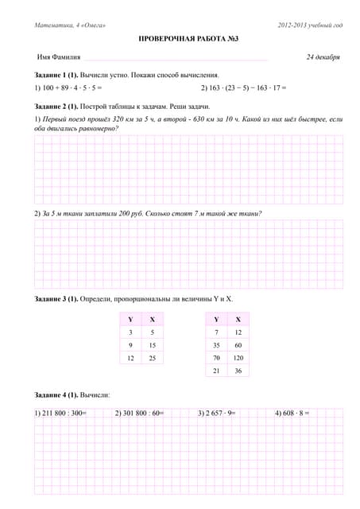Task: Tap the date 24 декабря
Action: point(323,57)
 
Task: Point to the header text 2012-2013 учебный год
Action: point(310,26)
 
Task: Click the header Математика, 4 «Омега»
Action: point(71,26)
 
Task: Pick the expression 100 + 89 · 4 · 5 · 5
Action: point(71,87)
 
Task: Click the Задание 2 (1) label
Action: point(56,106)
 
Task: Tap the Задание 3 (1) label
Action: point(56,299)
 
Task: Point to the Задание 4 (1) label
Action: point(56,394)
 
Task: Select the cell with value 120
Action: point(238,359)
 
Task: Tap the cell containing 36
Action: point(238,371)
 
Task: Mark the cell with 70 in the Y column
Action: point(215,359)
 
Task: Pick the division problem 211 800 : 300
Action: point(62,413)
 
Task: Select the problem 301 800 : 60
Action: point(139,413)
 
